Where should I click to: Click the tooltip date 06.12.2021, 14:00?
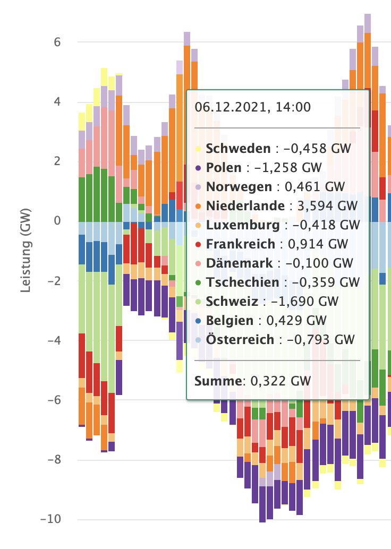252,107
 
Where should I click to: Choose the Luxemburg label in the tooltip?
243,225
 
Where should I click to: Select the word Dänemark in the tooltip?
240,263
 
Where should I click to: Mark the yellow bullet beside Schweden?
198,149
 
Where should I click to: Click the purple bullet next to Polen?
198,168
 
